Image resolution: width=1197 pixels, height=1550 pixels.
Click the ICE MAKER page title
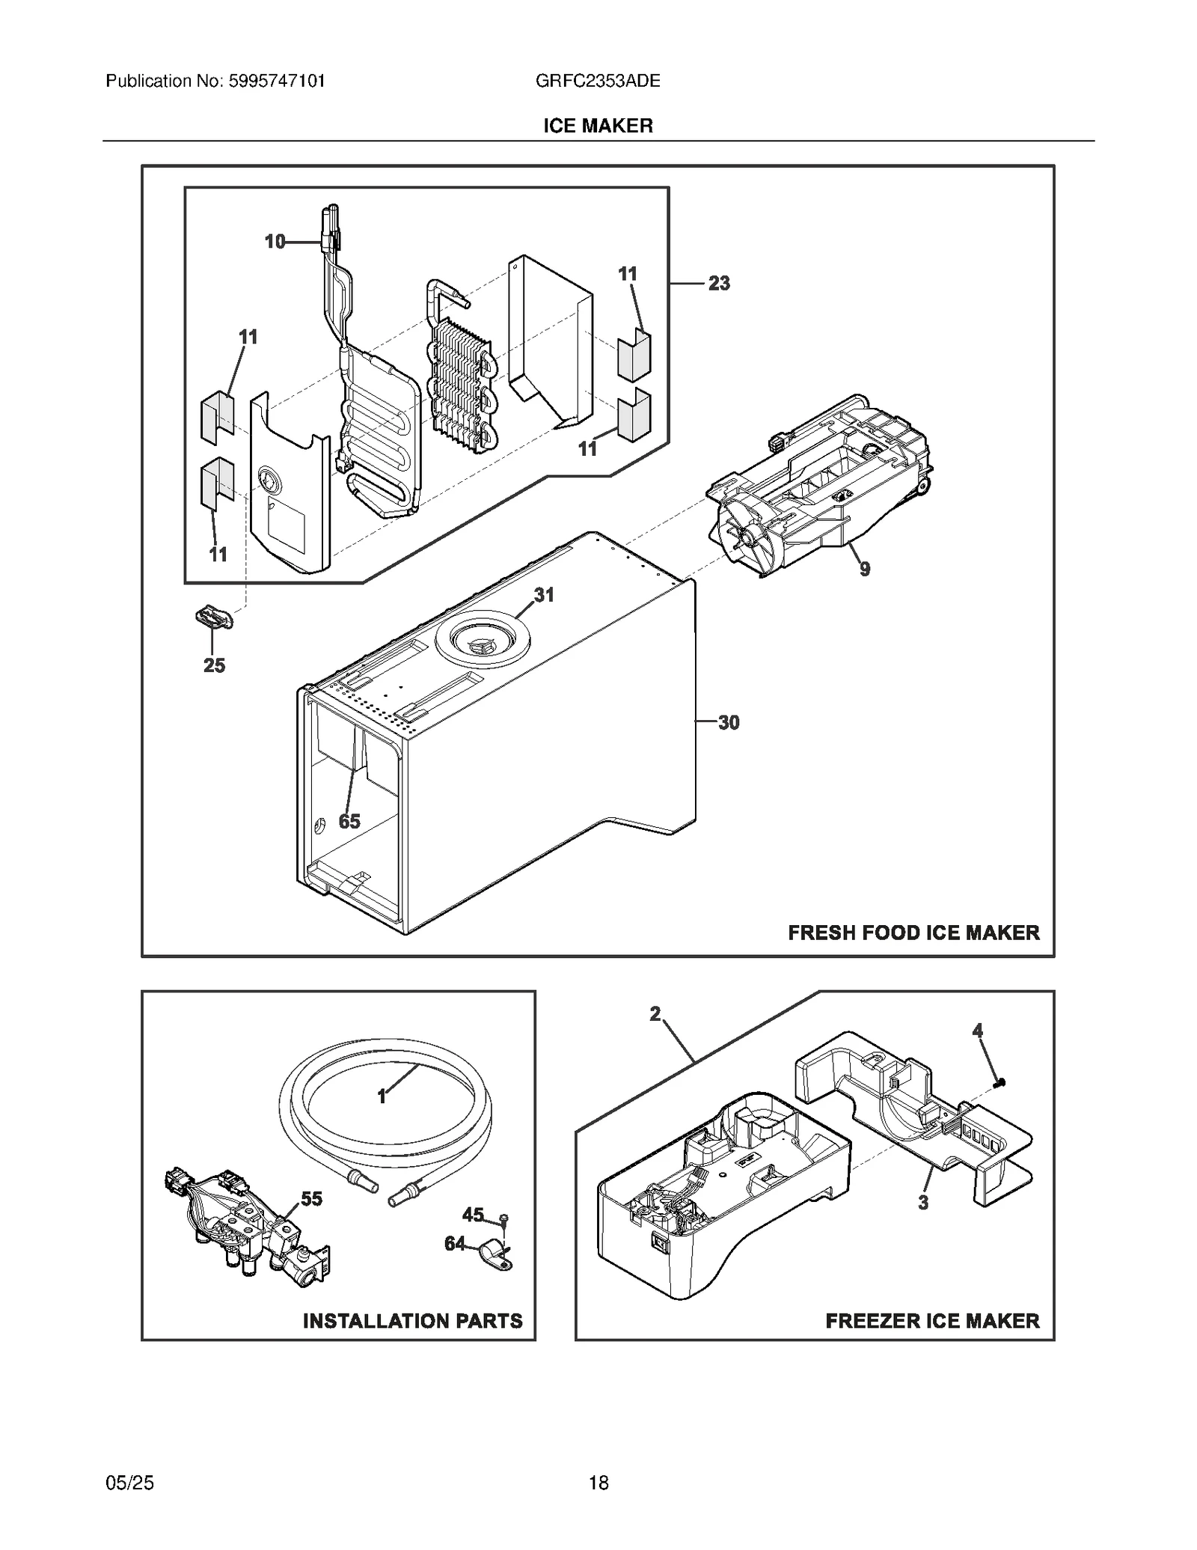point(598,126)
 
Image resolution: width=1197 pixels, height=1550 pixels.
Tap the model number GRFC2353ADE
point(598,81)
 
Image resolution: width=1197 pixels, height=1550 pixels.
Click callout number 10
point(275,242)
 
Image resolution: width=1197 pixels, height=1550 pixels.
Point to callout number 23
point(719,283)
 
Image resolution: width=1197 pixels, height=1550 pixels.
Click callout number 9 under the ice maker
point(865,570)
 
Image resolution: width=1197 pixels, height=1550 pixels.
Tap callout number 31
point(544,595)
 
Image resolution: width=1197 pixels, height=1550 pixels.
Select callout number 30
point(729,722)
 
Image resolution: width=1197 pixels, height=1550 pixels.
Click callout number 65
point(349,821)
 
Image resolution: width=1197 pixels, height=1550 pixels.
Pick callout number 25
point(214,665)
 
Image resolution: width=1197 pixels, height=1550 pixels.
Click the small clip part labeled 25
point(213,619)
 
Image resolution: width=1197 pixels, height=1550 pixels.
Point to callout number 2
point(655,1014)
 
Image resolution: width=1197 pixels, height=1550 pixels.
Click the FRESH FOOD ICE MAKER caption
point(913,933)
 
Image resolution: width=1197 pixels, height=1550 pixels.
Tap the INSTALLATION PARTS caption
point(412,1321)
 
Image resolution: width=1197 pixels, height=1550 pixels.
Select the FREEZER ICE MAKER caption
point(932,1321)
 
